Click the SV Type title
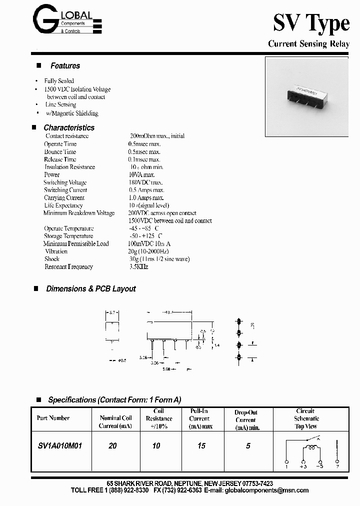pos(310,23)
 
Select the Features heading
pos(65,66)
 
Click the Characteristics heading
pos(68,127)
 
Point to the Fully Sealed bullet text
pos(59,81)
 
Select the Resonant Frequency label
pos(68,267)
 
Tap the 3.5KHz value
pos(138,267)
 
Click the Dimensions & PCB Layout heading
pos(90,289)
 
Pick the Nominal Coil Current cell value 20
pos(112,445)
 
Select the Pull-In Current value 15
pos(201,445)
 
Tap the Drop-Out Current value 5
pos(248,445)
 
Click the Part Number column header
pos(53,418)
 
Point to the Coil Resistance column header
pos(158,418)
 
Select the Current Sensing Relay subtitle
pos(308,44)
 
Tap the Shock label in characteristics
pos(52,259)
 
